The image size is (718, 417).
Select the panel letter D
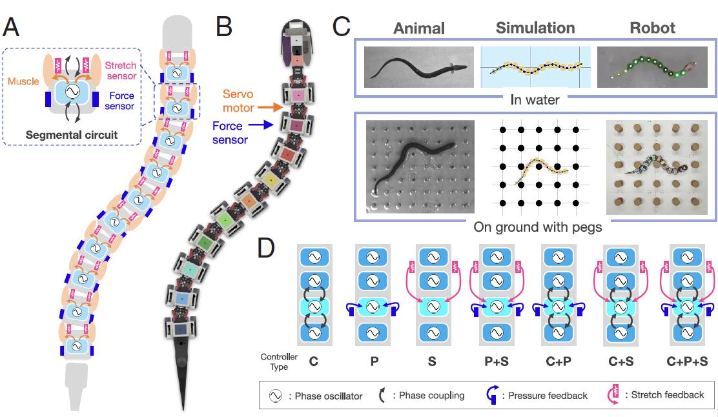(269, 248)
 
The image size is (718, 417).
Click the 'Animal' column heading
(418, 28)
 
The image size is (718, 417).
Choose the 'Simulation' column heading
(535, 28)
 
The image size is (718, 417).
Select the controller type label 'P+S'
(495, 361)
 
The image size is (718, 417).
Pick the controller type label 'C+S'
(620, 361)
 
